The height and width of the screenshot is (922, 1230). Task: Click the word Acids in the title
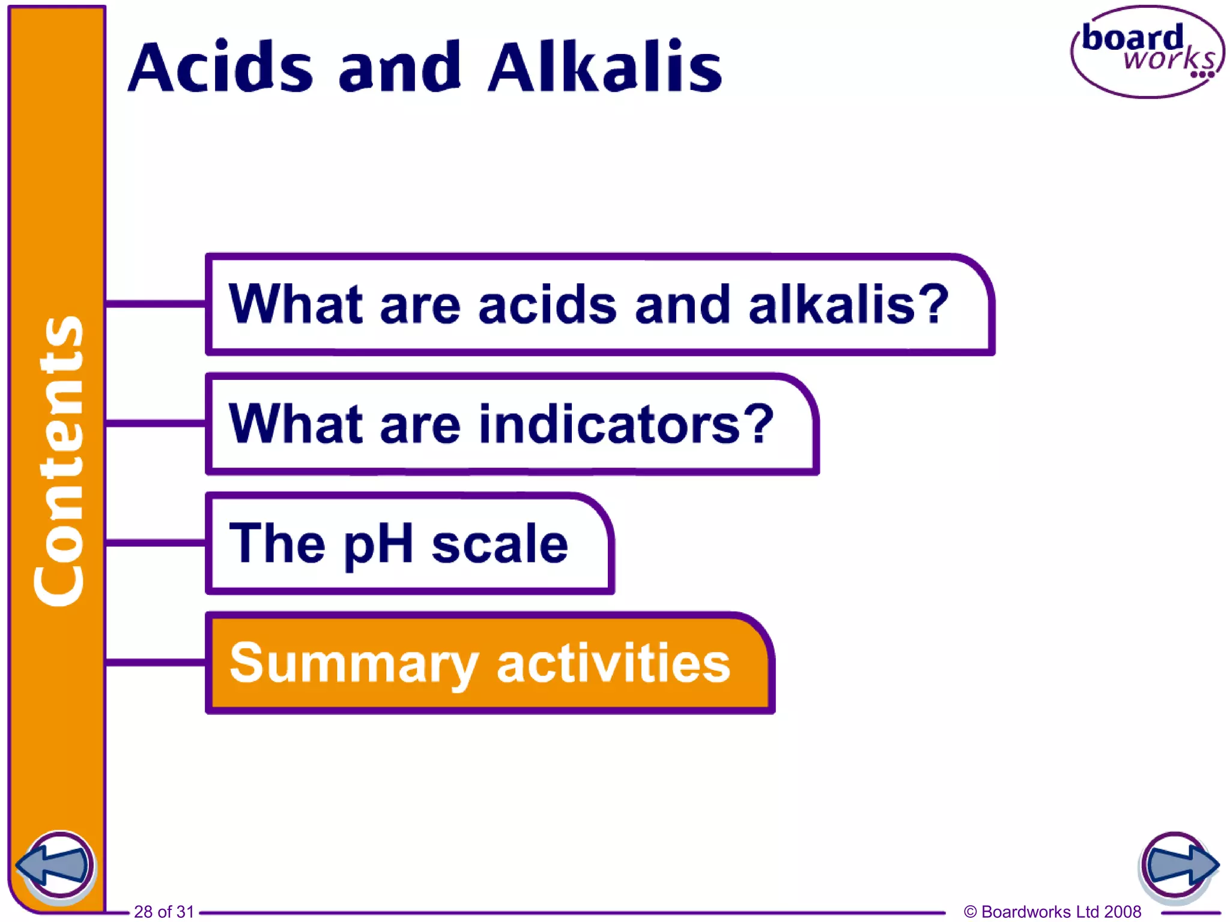point(220,67)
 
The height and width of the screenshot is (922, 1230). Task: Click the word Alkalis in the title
point(605,67)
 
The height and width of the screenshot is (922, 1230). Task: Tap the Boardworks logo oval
point(1147,52)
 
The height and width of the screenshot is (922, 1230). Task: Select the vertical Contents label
point(58,460)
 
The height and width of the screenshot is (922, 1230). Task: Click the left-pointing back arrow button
point(55,866)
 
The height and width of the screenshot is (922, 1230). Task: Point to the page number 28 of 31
point(164,911)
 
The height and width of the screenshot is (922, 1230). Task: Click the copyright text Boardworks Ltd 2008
point(1052,911)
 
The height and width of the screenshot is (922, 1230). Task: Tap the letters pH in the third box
point(378,544)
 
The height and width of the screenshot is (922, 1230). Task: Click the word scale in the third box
point(500,544)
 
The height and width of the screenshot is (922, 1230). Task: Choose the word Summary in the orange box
point(354,664)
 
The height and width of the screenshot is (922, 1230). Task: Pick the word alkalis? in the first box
point(848,304)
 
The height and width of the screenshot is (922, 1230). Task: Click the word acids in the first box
point(547,304)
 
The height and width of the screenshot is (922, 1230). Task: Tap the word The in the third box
point(277,543)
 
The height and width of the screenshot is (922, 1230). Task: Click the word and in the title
point(400,68)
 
